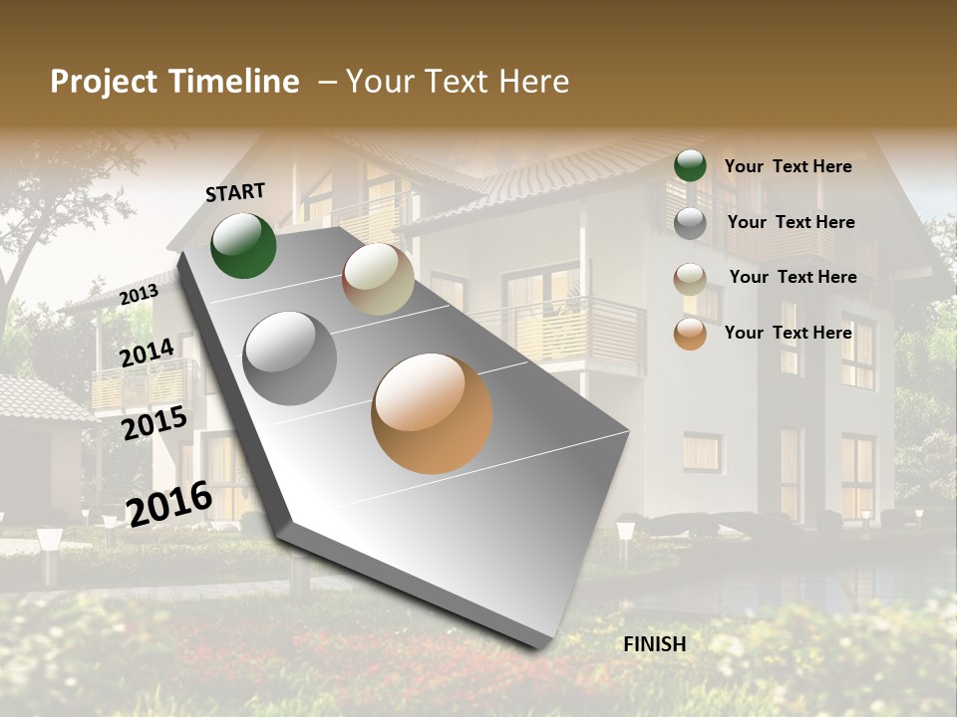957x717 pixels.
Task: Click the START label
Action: tap(235, 191)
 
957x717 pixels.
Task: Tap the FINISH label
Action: tap(655, 644)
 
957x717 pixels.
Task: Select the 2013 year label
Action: tap(140, 294)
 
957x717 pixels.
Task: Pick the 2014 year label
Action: tap(148, 353)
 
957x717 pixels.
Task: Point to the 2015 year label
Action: tap(155, 422)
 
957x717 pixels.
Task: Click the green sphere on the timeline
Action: tap(243, 245)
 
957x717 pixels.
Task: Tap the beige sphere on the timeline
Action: tap(378, 279)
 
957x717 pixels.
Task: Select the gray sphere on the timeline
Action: tap(290, 358)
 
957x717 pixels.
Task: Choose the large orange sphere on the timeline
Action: tap(432, 413)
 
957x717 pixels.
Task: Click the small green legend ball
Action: tap(690, 165)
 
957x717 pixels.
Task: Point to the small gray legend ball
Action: tap(690, 223)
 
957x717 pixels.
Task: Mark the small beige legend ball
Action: tap(690, 279)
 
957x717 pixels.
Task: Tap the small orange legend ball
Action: tap(690, 334)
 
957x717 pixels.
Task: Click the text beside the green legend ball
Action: tap(788, 166)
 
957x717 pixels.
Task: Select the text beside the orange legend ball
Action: tap(788, 333)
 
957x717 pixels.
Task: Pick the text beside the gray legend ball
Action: tap(791, 222)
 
